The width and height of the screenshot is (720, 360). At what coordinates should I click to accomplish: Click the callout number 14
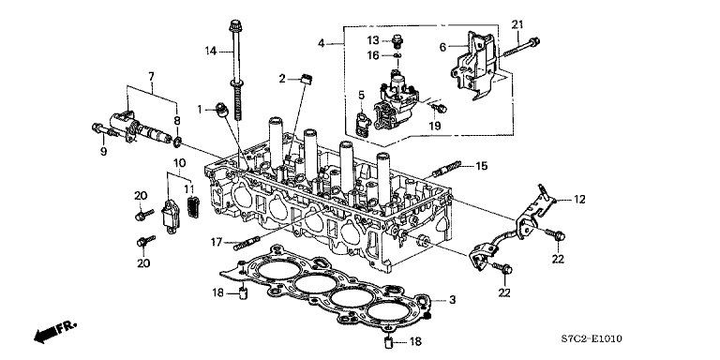click(212, 49)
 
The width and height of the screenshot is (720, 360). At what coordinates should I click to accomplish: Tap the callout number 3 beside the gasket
click(452, 300)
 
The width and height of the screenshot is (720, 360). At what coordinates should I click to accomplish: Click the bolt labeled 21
click(527, 42)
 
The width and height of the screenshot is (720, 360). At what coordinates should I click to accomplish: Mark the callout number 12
click(579, 199)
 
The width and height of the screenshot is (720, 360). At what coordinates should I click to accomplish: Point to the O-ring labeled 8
click(177, 143)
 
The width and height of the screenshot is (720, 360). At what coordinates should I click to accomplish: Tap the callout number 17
click(216, 242)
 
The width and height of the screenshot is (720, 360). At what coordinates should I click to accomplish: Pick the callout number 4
click(322, 43)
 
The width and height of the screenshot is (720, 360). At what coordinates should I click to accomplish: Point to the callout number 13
click(372, 40)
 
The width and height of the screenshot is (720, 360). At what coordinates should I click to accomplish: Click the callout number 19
click(434, 125)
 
